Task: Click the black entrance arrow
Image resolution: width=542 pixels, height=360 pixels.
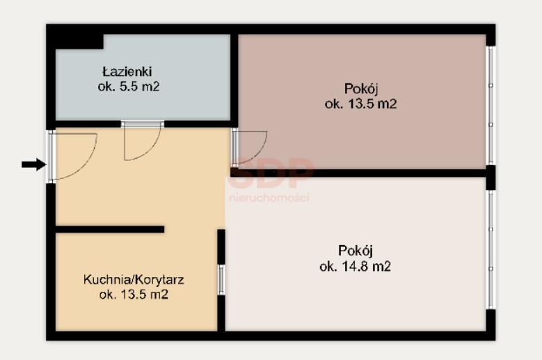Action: click(x=34, y=164)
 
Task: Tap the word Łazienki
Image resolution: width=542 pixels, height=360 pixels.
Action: click(x=127, y=72)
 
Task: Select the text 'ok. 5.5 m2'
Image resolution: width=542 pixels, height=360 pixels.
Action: click(x=129, y=86)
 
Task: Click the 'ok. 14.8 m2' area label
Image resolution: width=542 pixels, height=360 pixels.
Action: click(x=355, y=266)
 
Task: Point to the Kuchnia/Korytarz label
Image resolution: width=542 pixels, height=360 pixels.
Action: click(x=134, y=279)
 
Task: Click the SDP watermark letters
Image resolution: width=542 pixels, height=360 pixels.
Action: click(x=271, y=173)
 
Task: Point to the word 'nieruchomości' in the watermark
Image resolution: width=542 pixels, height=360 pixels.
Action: click(x=269, y=198)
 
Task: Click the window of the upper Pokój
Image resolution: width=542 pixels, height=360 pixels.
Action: click(x=491, y=105)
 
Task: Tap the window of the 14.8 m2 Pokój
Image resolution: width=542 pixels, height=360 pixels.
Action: click(x=491, y=249)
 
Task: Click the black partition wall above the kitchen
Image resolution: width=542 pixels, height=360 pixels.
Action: click(x=109, y=229)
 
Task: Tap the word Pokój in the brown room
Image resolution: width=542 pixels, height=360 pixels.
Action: click(x=361, y=89)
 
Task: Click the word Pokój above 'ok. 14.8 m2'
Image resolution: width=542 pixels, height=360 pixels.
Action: click(x=356, y=251)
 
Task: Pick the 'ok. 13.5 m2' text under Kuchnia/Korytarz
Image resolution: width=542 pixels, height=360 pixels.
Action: click(x=134, y=295)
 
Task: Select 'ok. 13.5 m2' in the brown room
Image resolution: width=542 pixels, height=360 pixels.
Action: click(x=360, y=104)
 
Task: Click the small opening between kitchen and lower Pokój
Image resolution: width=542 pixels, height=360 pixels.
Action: click(x=221, y=280)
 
